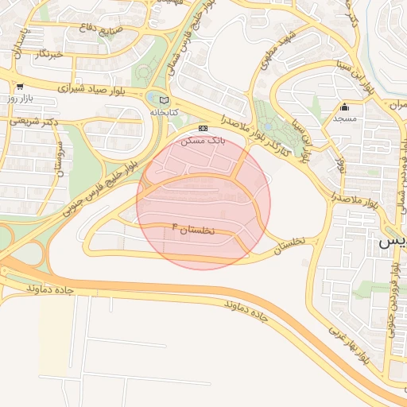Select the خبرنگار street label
47,54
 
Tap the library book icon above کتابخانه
164,100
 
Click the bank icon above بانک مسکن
203,128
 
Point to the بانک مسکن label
203,140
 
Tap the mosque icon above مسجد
344,107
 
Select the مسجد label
344,118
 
